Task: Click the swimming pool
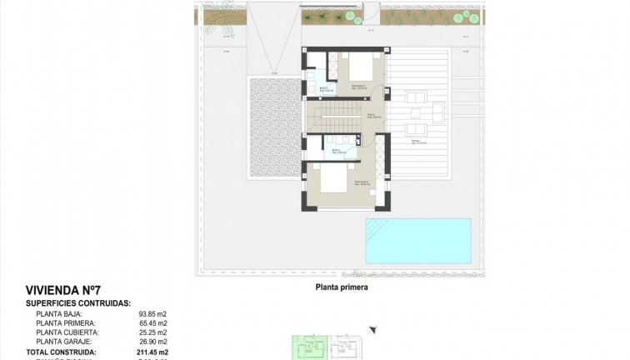point(417,239)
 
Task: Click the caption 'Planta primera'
point(341,287)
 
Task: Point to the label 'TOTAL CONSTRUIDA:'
point(61,352)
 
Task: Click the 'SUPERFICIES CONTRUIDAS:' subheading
point(77,302)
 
